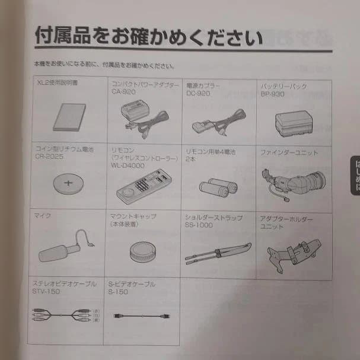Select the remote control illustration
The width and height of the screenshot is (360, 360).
click(143, 185)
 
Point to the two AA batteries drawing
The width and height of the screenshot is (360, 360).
click(218, 188)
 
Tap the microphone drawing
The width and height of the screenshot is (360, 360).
click(64, 244)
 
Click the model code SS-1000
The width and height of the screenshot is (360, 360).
click(197, 225)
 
